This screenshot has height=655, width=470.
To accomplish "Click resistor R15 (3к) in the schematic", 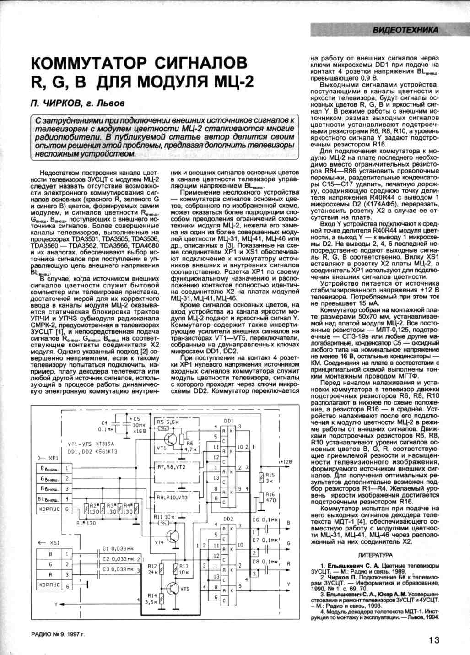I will (261, 478).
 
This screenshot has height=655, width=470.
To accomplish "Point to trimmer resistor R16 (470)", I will (261, 497).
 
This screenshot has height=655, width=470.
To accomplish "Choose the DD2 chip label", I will (228, 519).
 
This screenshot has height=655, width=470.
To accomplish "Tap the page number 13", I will (434, 640).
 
